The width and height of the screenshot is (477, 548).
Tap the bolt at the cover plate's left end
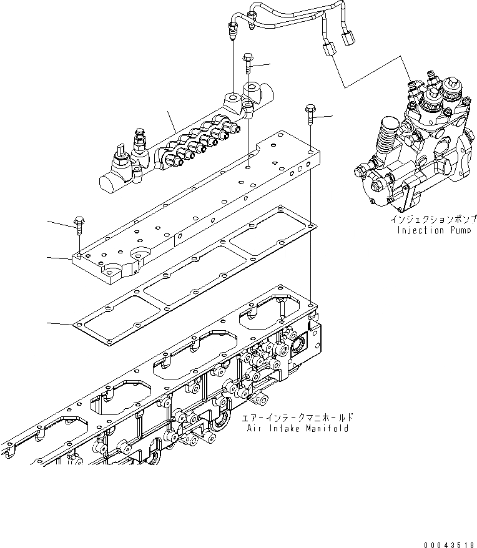79,222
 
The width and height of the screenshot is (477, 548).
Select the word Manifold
328,429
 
